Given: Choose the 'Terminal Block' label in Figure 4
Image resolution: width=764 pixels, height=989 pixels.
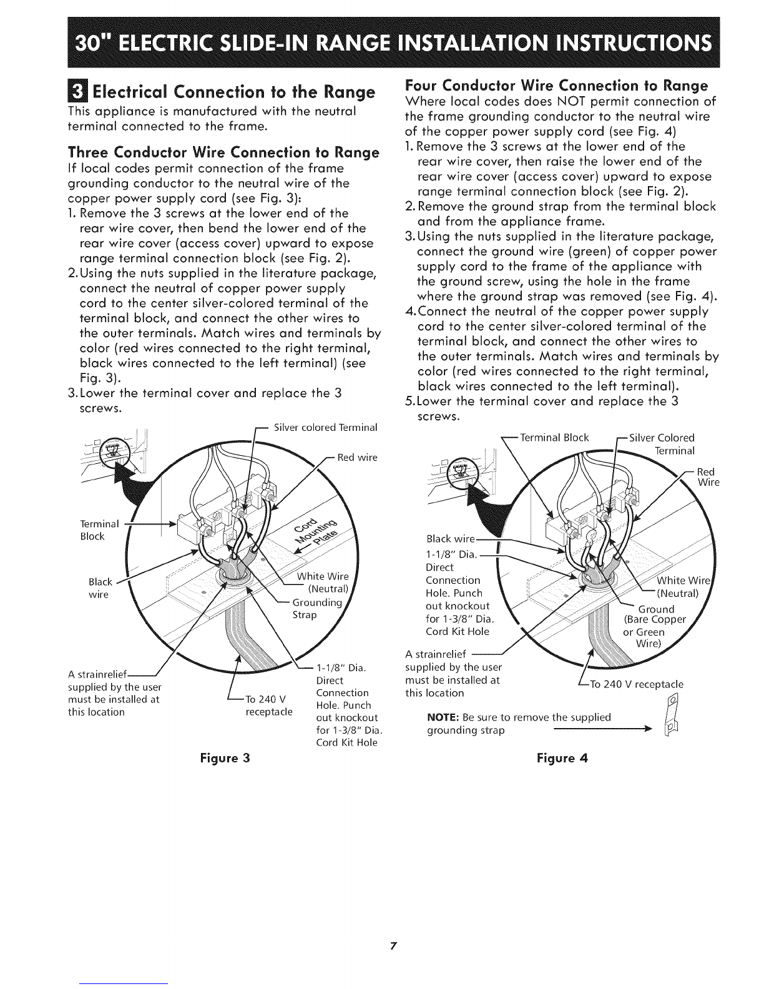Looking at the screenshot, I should tap(554, 437).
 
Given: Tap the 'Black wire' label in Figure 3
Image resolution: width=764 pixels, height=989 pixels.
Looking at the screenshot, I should tap(99, 588).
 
